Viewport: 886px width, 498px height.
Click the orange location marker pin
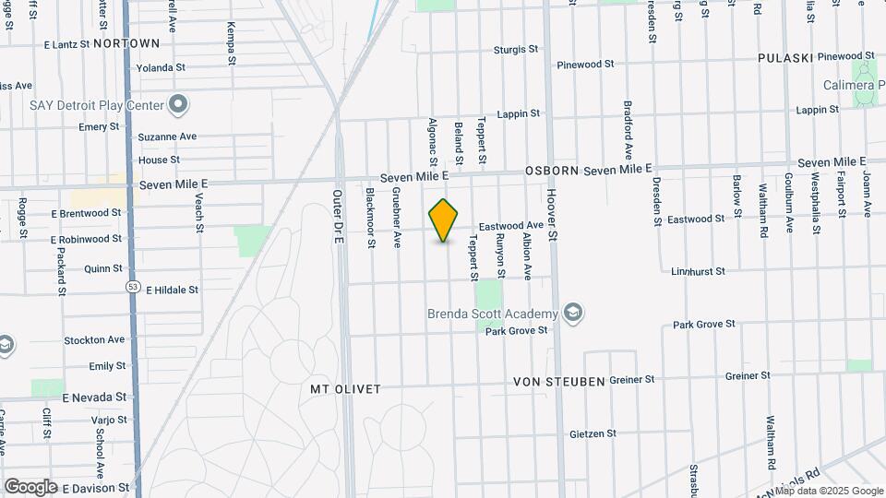[x=444, y=220]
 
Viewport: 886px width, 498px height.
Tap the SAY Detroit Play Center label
[x=97, y=104]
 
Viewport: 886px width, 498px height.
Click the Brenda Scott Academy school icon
[x=574, y=314]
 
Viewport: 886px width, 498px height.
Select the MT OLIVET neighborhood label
[x=345, y=389]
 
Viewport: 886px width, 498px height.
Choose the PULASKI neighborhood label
[x=784, y=58]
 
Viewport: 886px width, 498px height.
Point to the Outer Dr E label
[x=338, y=218]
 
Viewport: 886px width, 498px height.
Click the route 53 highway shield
[x=132, y=288]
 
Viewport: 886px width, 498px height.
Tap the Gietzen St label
[x=593, y=433]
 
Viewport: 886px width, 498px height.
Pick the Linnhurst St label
[x=698, y=271]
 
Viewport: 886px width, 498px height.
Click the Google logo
[x=30, y=487]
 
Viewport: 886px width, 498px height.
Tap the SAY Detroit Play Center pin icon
[x=179, y=104]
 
